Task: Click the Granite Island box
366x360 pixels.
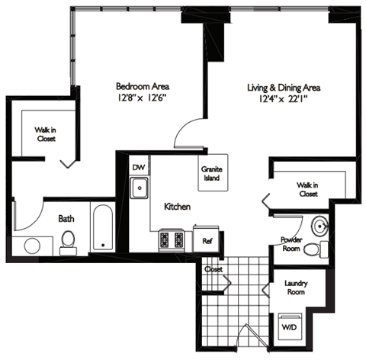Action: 211,173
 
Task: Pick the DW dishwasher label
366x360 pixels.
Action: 138,168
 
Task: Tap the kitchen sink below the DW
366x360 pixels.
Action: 140,187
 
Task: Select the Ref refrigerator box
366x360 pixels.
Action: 207,239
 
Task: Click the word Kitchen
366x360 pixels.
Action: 177,207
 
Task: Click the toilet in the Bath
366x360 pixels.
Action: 67,242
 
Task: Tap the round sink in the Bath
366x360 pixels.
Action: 32,246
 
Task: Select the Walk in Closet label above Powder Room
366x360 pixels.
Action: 308,188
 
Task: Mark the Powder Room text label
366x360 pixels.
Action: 292,242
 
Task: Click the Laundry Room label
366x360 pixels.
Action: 296,287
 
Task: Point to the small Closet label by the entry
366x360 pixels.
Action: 213,268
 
